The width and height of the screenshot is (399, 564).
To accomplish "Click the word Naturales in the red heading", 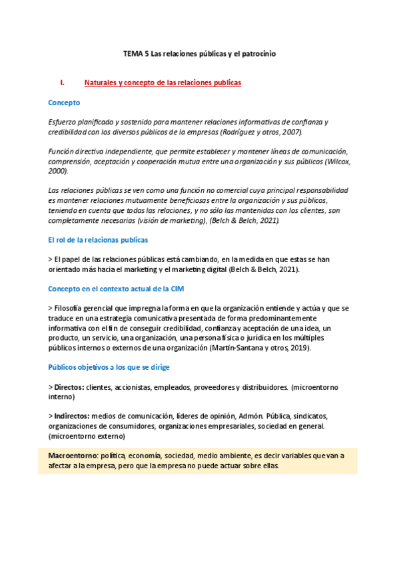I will coord(101,83).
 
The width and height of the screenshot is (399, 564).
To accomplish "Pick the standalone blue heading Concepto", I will coord(64,102).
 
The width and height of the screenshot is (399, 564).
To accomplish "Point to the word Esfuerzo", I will coord(63,122).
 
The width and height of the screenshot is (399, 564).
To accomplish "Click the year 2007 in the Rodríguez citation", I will coord(291,132).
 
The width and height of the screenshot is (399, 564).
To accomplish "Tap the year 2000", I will coord(57,171).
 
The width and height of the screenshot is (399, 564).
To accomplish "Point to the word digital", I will coord(210,269).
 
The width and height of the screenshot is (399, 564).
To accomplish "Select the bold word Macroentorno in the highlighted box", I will coord(73,456).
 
